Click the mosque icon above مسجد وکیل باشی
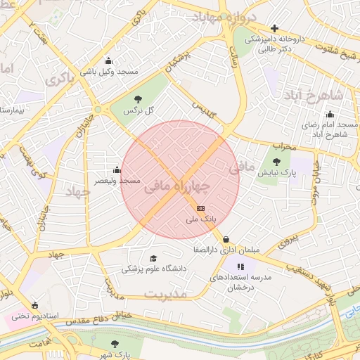point(108,60)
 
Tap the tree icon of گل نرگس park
point(138,99)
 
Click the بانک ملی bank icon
point(200,208)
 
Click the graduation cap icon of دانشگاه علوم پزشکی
point(154,258)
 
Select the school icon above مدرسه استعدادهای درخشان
point(240,266)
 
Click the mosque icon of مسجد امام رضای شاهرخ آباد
point(330,115)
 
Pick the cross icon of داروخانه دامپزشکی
point(275,28)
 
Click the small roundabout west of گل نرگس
point(97,110)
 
